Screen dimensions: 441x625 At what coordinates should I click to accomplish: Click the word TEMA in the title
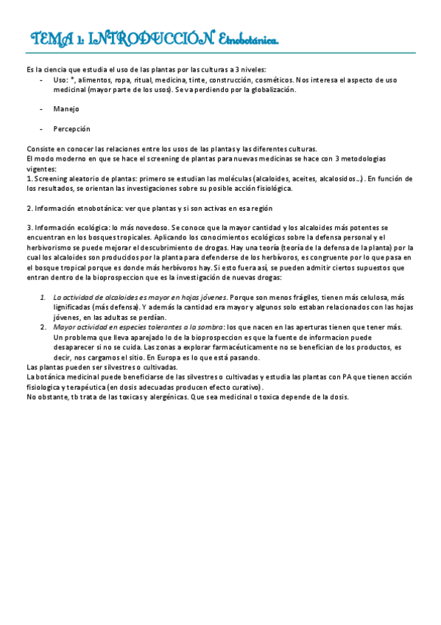click(50, 39)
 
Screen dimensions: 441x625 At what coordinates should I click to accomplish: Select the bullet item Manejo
click(66, 108)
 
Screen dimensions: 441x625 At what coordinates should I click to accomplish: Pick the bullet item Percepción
click(71, 128)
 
